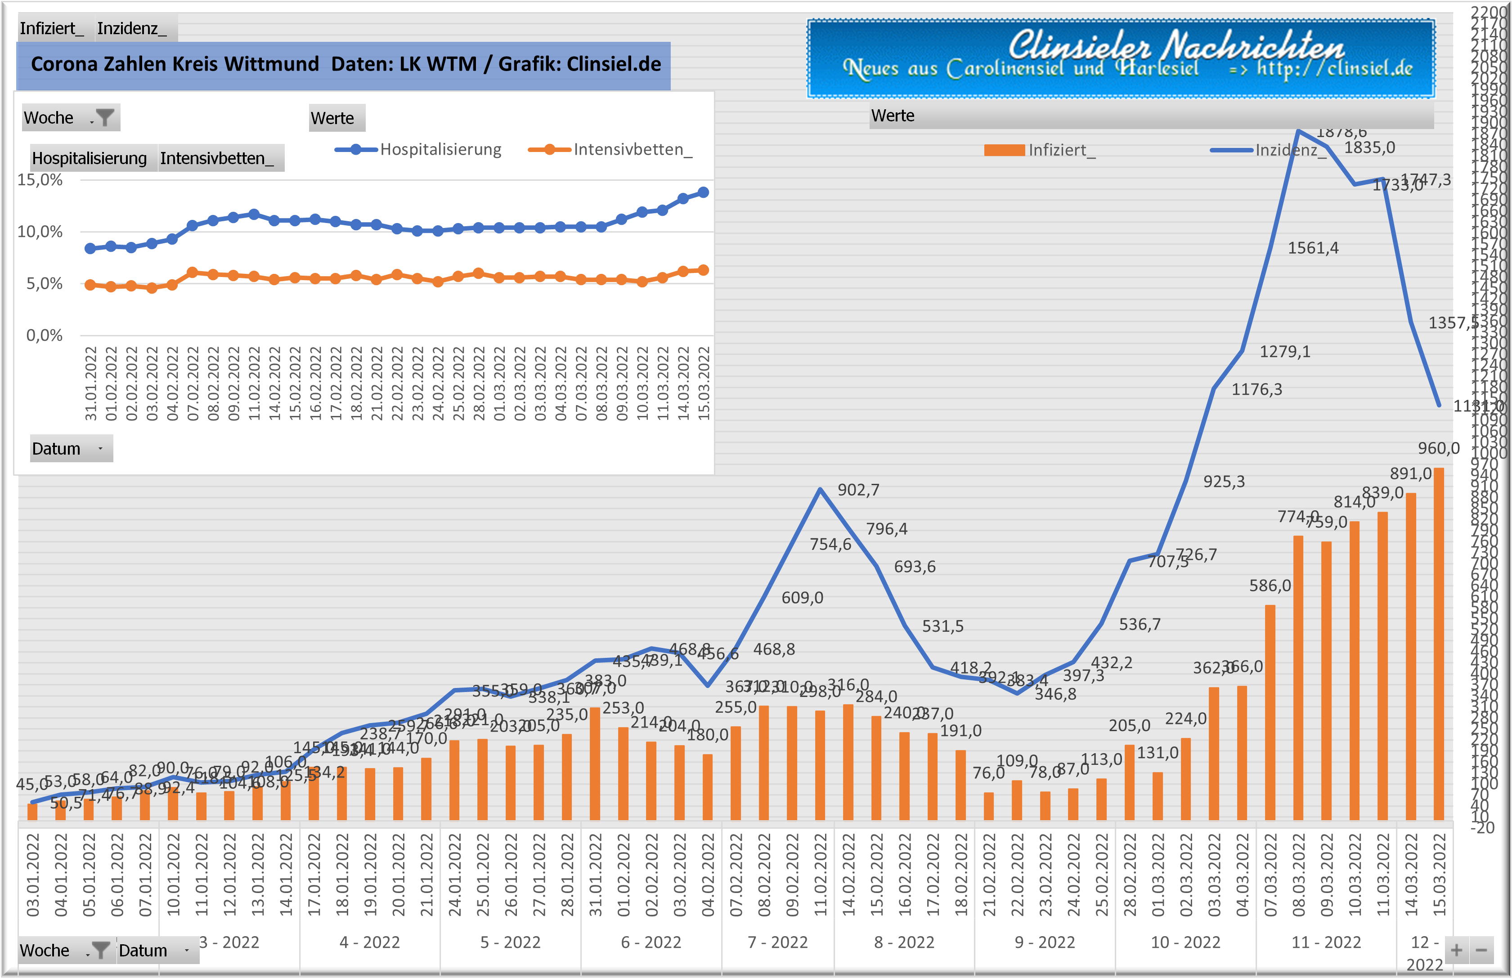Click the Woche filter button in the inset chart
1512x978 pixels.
coord(103,118)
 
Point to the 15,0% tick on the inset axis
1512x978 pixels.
coord(40,180)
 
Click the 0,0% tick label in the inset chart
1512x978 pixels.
coord(44,335)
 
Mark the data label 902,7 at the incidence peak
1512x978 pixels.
coord(858,490)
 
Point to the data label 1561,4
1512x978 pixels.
coord(1313,248)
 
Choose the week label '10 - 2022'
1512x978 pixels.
coord(1185,942)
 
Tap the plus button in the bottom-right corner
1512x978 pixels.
coord(1456,951)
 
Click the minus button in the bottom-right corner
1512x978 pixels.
coord(1481,951)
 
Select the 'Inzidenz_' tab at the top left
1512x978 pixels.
coord(132,29)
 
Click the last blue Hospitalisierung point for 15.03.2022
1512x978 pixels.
coord(703,192)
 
